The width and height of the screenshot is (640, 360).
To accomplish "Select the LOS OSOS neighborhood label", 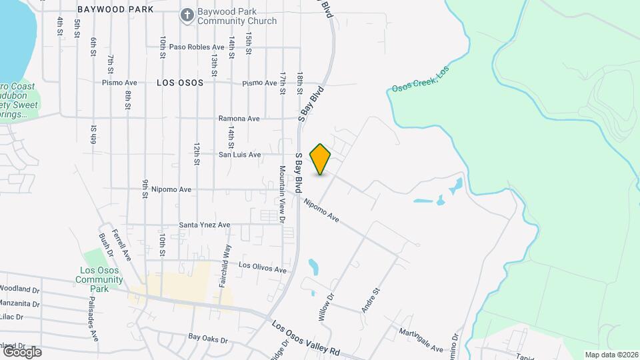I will [x=179, y=83].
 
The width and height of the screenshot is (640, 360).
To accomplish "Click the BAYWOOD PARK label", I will [x=115, y=10].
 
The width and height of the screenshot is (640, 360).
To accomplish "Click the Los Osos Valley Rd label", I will [x=306, y=339].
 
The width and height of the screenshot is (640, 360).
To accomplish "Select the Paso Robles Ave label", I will [x=197, y=47].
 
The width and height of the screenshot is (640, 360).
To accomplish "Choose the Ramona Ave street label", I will [x=239, y=119].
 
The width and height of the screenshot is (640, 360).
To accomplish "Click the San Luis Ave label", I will [x=240, y=155].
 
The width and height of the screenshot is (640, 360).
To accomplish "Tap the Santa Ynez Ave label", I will [x=204, y=225].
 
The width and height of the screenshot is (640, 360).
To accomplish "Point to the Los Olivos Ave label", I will [x=263, y=268].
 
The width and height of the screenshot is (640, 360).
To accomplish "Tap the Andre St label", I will [x=370, y=301].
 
